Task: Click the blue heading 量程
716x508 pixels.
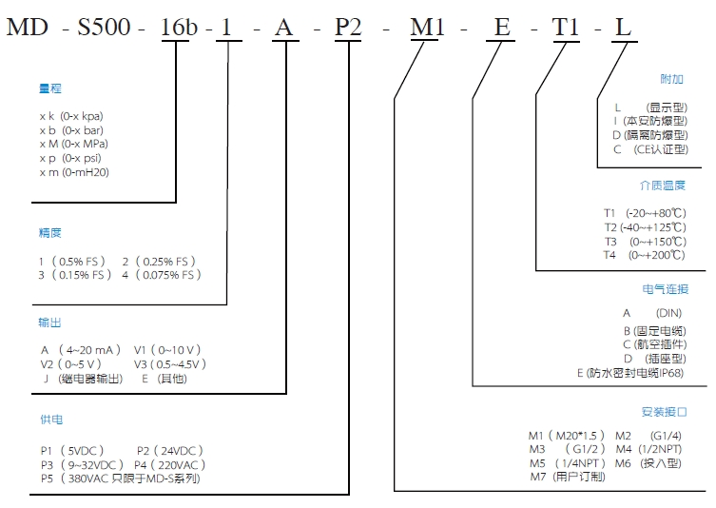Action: pyautogui.click(x=50, y=88)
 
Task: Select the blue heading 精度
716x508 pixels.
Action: pyautogui.click(x=50, y=233)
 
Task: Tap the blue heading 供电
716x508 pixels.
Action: pyautogui.click(x=50, y=420)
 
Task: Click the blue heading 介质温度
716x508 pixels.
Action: pyautogui.click(x=662, y=186)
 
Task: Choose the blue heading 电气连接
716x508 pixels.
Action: pyautogui.click(x=662, y=289)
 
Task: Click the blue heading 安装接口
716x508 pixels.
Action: pyautogui.click(x=662, y=412)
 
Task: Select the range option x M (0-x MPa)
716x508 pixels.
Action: pyautogui.click(x=74, y=144)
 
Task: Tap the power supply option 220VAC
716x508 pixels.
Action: pyautogui.click(x=177, y=464)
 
